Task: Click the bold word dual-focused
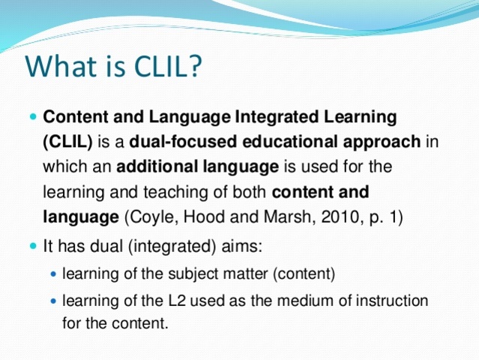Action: (x=177, y=141)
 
